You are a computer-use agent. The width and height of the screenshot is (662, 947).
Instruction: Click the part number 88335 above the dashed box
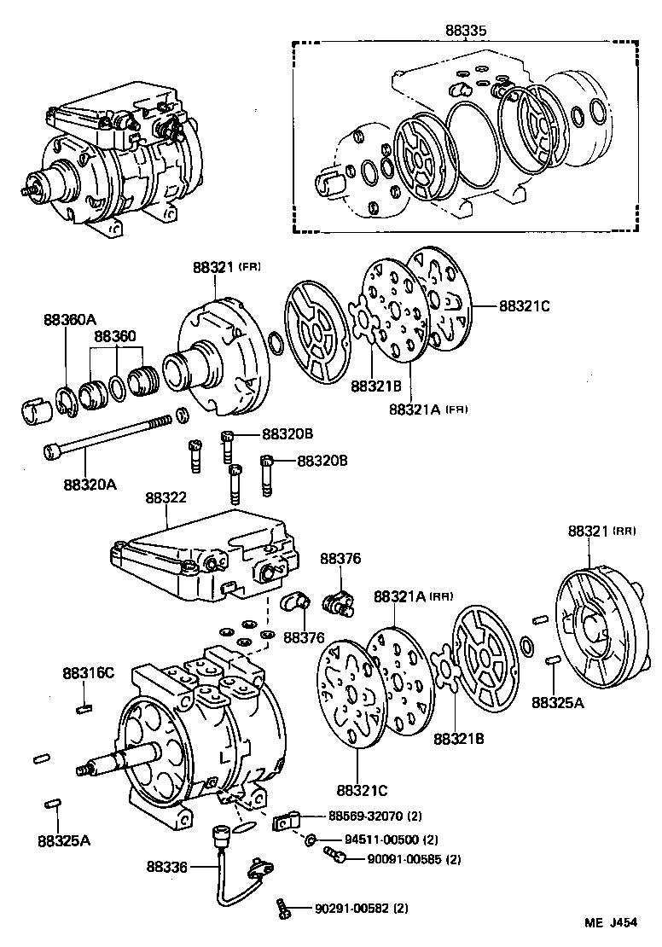(465, 30)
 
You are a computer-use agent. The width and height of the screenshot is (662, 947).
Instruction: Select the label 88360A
(70, 320)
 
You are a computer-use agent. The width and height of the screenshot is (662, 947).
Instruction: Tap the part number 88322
(166, 497)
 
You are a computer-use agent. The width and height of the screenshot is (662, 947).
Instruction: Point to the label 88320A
(89, 485)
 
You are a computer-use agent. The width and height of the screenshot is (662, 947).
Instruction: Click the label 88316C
(87, 673)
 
